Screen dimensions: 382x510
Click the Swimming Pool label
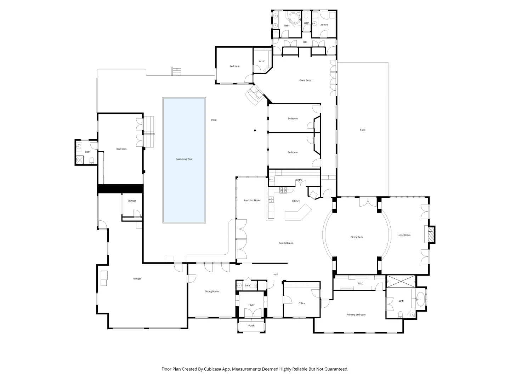[x=184, y=159]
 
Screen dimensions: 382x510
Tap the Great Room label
[x=306, y=80]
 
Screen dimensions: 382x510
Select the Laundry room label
[x=324, y=25]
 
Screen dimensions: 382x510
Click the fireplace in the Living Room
[x=430, y=235]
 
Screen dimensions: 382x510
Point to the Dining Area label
[x=356, y=237]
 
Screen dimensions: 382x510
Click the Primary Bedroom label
[x=356, y=314]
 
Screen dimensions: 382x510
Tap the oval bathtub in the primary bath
[x=420, y=299]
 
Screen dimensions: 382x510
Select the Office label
[x=302, y=303]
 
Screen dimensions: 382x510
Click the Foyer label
[x=251, y=305]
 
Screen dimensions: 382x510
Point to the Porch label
[x=251, y=325]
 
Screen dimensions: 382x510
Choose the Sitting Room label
[x=212, y=291]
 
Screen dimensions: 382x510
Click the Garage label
[x=137, y=278]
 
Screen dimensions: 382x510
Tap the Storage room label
[x=132, y=201]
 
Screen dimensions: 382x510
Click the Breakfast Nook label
[x=251, y=200]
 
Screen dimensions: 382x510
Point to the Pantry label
[x=299, y=180]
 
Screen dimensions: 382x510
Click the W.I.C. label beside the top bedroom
[x=262, y=62]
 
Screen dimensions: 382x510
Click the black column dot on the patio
[x=255, y=131]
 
